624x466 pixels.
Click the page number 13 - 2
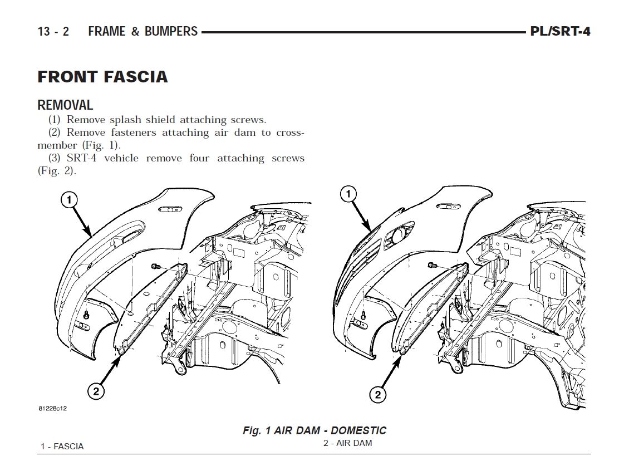click(53, 31)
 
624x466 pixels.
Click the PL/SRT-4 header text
click(559, 31)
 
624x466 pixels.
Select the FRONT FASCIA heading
click(102, 76)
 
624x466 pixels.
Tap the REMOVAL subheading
click(65, 105)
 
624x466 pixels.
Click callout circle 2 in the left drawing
click(96, 391)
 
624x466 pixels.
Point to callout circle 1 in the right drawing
click(348, 194)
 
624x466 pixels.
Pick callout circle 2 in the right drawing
click(377, 395)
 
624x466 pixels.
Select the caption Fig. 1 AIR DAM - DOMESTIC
click(314, 430)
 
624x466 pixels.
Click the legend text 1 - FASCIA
click(62, 446)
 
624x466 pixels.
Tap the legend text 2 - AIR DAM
click(347, 443)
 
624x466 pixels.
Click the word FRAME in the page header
click(107, 31)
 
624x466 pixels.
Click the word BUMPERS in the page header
click(171, 31)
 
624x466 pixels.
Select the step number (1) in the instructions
click(54, 120)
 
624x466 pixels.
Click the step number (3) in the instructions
click(54, 158)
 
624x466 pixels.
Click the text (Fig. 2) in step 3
click(56, 171)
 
